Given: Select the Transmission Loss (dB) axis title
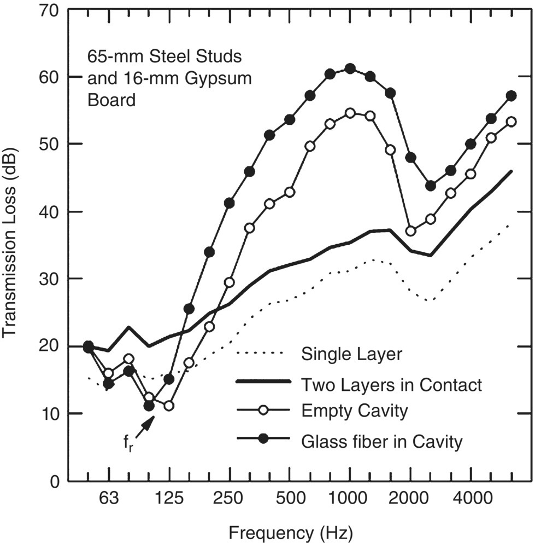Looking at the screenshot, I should [x=13, y=245].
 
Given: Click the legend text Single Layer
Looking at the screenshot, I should [x=351, y=354].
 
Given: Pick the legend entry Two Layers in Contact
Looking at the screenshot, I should [x=391, y=385].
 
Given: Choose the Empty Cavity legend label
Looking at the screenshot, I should [x=354, y=411].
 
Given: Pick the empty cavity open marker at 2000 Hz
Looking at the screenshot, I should [x=410, y=231].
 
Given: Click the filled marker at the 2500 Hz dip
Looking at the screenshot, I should [x=431, y=186].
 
